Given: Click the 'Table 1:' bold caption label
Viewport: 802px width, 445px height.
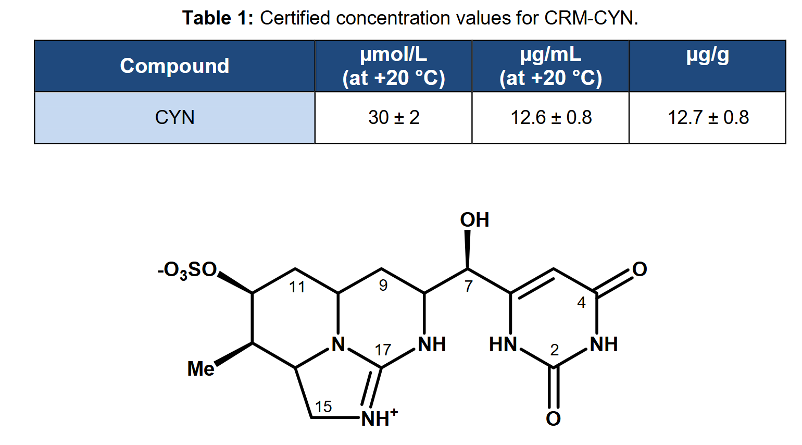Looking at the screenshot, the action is [218, 18].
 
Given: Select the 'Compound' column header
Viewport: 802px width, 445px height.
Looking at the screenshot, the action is [174, 66].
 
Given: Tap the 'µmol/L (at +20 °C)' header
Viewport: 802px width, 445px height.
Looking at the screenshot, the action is [394, 66].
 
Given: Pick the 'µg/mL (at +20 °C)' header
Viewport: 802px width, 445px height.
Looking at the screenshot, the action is [550, 66].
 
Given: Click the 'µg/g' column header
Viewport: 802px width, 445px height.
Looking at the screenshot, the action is [707, 56].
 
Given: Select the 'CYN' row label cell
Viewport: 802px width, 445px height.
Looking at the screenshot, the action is [175, 118].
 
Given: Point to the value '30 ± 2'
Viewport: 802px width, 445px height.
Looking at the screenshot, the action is [394, 118].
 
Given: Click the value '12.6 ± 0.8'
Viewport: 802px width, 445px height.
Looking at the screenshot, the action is [551, 118].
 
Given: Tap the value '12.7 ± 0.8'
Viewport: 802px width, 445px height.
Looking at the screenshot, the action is [708, 118].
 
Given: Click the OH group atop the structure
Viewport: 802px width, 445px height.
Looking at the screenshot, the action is [474, 219].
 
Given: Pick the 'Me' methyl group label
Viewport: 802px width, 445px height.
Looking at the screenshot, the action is [200, 368].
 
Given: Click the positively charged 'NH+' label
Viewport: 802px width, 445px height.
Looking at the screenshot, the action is [379, 417].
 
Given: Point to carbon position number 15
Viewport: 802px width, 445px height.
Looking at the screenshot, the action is [323, 406].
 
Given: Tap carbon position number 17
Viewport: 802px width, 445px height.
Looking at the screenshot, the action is [383, 350].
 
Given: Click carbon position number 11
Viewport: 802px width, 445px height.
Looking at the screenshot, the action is [297, 287].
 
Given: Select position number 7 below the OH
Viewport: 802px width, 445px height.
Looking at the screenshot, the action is [469, 286].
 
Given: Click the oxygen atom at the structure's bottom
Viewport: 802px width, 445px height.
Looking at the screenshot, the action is [553, 418].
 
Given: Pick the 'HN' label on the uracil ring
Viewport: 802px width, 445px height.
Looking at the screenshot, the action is [503, 344].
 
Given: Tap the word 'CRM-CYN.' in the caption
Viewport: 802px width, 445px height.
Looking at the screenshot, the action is [591, 18].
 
